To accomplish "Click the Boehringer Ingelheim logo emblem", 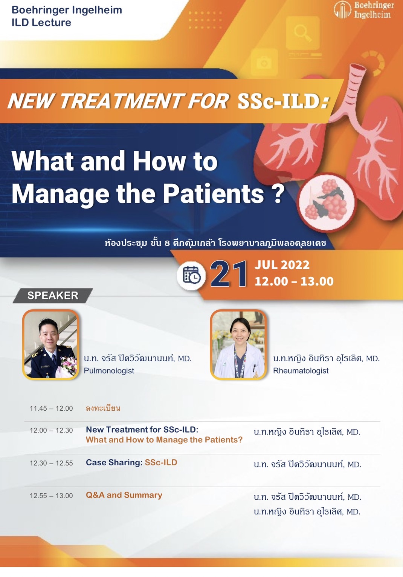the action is coord(342,10).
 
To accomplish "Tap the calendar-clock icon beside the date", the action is coord(191,275).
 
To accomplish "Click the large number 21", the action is coord(229,274).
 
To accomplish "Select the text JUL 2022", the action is coord(282,265).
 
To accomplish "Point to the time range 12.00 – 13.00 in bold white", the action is coord(294,281).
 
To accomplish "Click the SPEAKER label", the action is coord(53,295).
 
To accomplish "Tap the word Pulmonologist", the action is coord(109,371).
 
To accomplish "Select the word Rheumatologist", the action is coord(301,371).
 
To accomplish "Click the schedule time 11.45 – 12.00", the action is coord(51,408).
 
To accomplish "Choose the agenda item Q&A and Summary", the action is coord(124,495).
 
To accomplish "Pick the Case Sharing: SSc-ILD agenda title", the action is coord(131,462).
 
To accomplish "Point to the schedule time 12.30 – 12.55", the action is coord(51,463).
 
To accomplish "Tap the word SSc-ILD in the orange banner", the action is coord(283,101).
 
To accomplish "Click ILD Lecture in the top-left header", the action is coord(41,22).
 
